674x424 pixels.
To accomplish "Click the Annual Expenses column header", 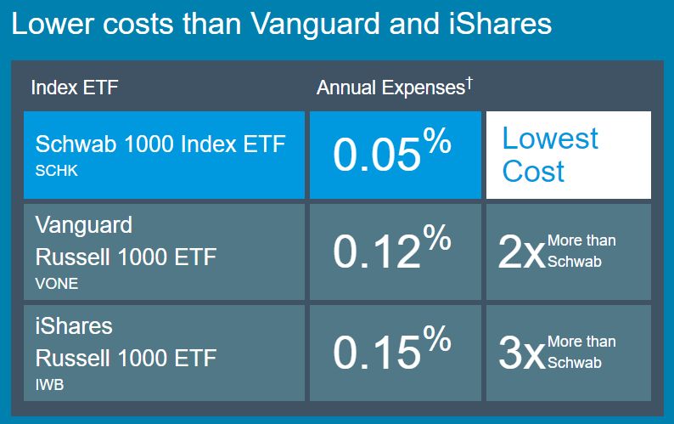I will [390, 88].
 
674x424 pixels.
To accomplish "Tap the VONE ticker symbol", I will [56, 284].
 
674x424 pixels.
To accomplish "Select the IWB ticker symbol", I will [49, 385].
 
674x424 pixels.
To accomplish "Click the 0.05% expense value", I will [391, 154].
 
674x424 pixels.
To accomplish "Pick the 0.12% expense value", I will [391, 252].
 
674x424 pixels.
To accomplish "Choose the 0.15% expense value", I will [391, 352].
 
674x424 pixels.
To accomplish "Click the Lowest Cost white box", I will [568, 155].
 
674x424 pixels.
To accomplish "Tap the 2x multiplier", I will [520, 253].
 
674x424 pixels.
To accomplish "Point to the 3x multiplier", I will [520, 353].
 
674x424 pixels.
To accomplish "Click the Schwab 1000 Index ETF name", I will [160, 144].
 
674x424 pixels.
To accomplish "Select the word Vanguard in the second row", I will [84, 225].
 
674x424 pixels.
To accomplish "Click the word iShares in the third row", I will [74, 325].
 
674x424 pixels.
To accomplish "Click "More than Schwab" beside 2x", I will [581, 251].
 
